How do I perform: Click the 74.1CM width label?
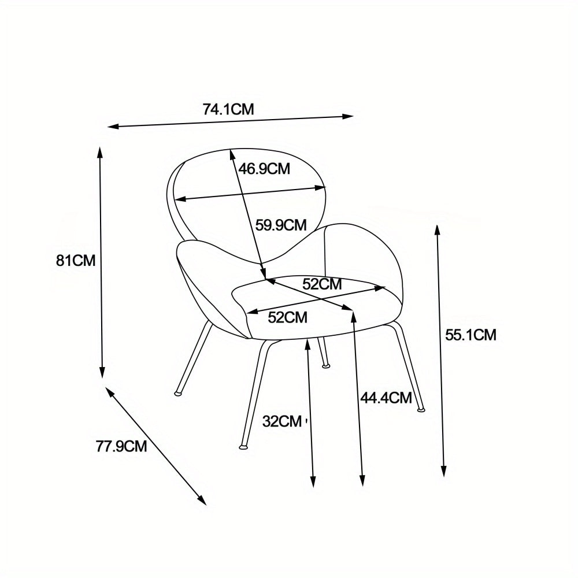228,109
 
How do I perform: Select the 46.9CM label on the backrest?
264,169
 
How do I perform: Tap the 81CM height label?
75,260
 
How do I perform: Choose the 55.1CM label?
470,334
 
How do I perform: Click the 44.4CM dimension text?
386,398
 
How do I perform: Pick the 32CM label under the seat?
282,421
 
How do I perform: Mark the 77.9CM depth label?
121,446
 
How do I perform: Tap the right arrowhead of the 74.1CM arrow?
349,116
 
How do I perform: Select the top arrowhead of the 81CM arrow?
100,153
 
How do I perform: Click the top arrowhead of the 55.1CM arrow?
438,230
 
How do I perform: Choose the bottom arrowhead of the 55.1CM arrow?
444,472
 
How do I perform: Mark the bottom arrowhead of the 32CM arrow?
313,481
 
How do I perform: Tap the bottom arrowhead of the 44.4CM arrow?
362,481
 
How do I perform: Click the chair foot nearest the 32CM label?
242,446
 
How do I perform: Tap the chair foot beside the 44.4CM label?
421,410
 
